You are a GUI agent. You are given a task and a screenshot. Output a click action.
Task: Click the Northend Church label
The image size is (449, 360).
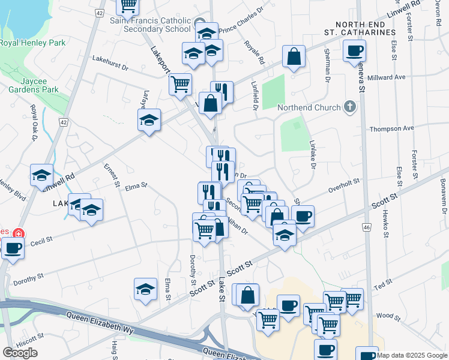(x=309, y=108)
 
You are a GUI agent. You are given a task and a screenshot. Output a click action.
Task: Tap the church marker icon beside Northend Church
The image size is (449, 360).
(x=350, y=107)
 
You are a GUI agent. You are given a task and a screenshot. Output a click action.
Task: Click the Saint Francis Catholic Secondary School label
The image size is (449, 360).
(x=150, y=25)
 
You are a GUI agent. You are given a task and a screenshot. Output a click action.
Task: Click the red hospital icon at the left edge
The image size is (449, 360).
(x=19, y=232)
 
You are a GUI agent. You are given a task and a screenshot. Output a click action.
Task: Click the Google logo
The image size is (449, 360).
(x=20, y=353)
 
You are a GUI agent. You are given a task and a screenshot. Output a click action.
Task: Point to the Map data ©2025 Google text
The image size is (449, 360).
(x=412, y=355)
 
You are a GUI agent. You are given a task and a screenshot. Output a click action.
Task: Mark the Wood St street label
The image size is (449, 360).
(x=384, y=316)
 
